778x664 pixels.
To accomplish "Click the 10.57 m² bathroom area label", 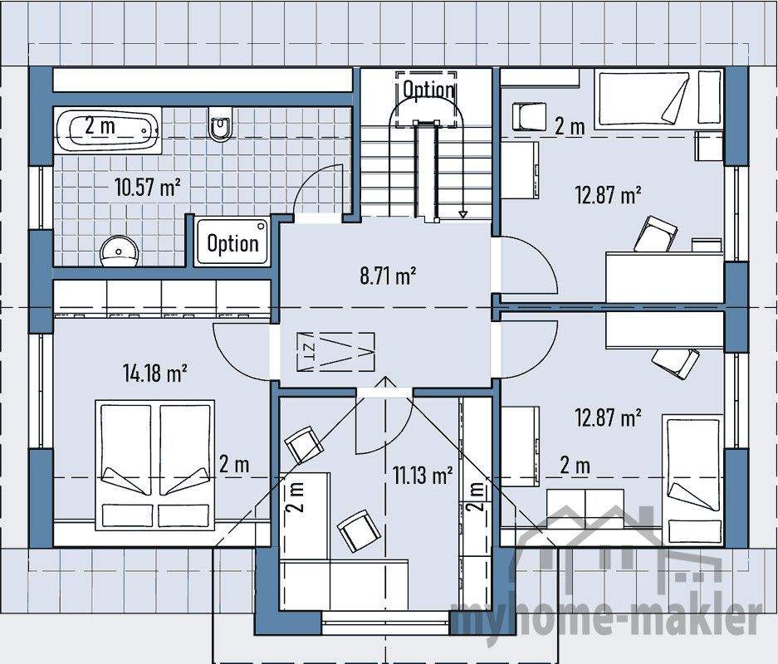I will (148, 186).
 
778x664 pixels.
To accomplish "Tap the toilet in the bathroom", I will (220, 125).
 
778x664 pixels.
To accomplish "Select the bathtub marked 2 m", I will (108, 129).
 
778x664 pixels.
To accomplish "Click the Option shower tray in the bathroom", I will (232, 242).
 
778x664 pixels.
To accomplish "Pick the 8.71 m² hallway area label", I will (388, 276).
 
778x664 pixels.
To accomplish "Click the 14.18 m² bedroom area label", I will (154, 373).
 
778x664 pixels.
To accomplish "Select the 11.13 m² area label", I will (423, 475).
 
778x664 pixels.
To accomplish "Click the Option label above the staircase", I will (428, 89).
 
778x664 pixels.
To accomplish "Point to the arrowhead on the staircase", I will (462, 214).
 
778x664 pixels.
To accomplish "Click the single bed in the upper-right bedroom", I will (644, 100).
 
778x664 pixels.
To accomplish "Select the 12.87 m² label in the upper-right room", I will (608, 196).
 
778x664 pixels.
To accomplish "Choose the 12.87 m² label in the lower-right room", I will (608, 417).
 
